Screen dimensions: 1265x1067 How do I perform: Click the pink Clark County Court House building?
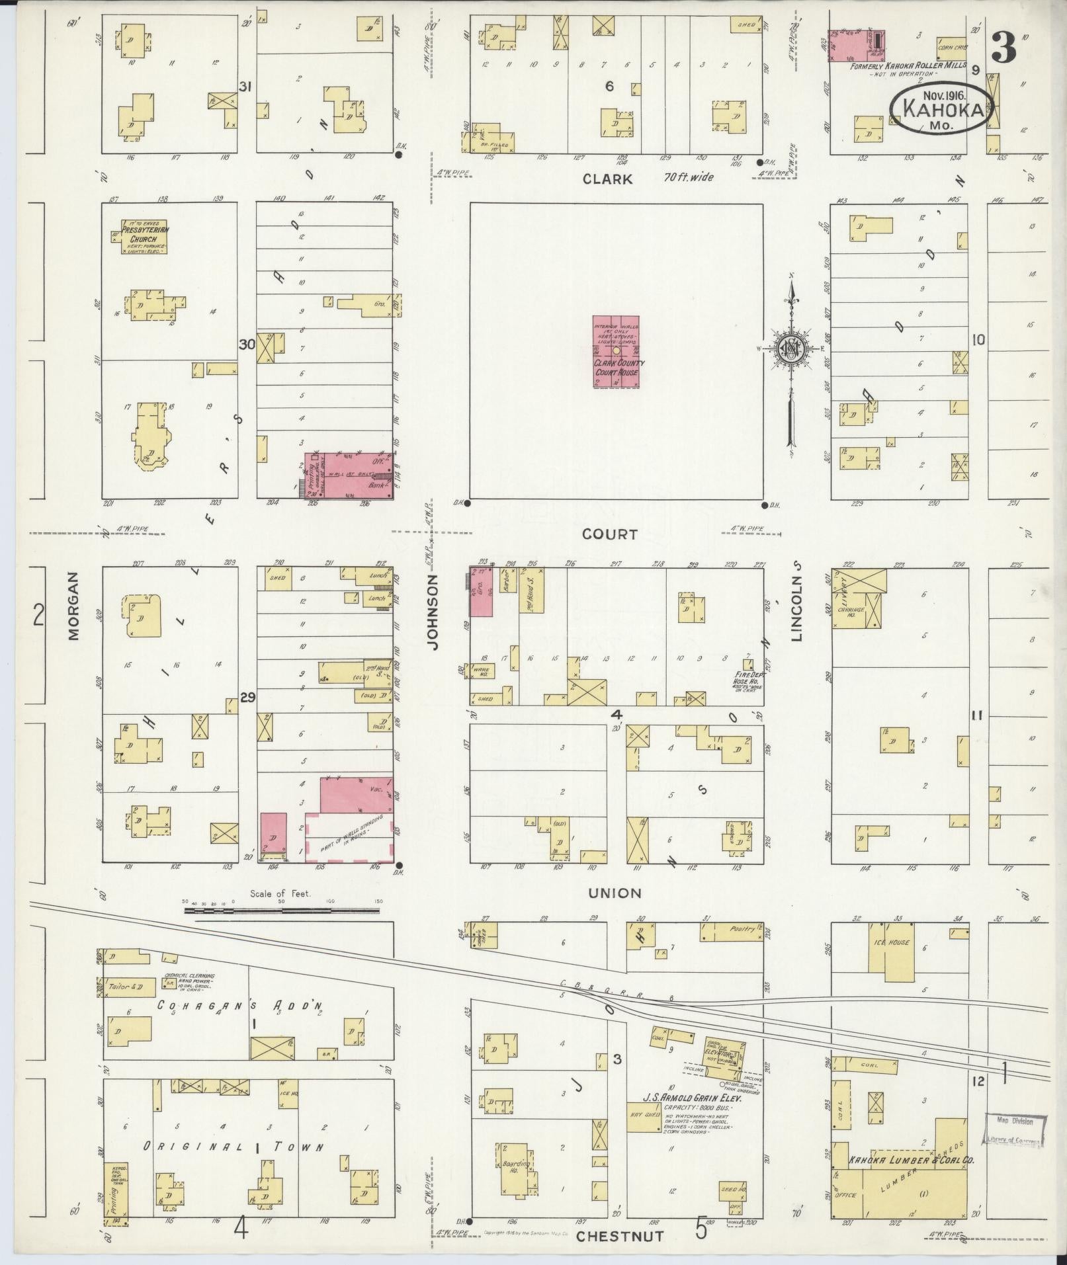[x=616, y=350]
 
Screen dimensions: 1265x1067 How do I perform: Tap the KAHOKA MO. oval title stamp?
[x=941, y=110]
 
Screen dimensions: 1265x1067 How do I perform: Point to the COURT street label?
[x=610, y=534]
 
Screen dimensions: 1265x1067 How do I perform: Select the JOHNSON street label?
[x=434, y=611]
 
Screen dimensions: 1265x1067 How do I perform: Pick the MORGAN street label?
[x=72, y=605]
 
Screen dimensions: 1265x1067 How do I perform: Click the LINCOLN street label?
[x=796, y=602]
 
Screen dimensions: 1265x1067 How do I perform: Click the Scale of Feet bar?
[x=281, y=911]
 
